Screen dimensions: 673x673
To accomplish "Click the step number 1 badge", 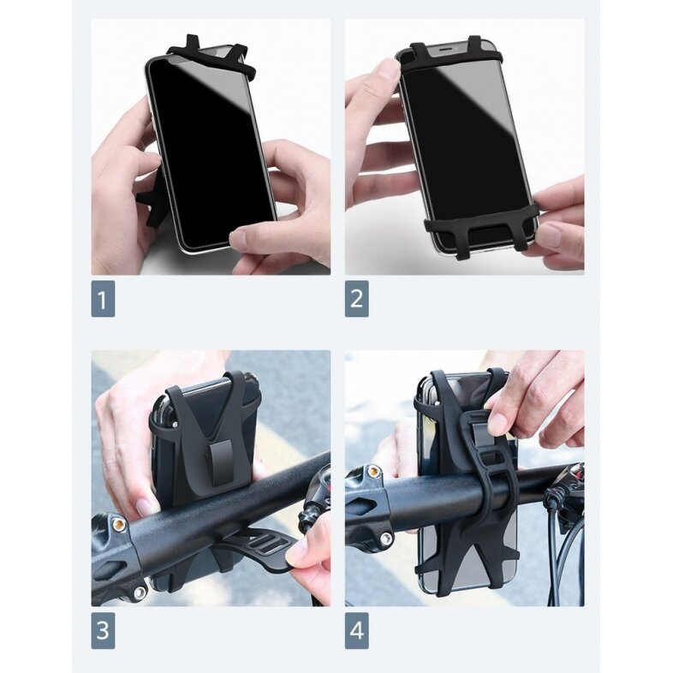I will [103, 300].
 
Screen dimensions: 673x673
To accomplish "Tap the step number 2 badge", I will [357, 300].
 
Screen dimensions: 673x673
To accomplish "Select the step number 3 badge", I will [103, 632].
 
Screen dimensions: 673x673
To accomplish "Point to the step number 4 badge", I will [357, 632].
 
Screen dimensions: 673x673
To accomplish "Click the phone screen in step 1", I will [211, 146].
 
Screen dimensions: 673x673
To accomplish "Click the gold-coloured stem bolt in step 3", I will [118, 523].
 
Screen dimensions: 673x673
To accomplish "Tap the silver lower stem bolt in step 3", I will [138, 592].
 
